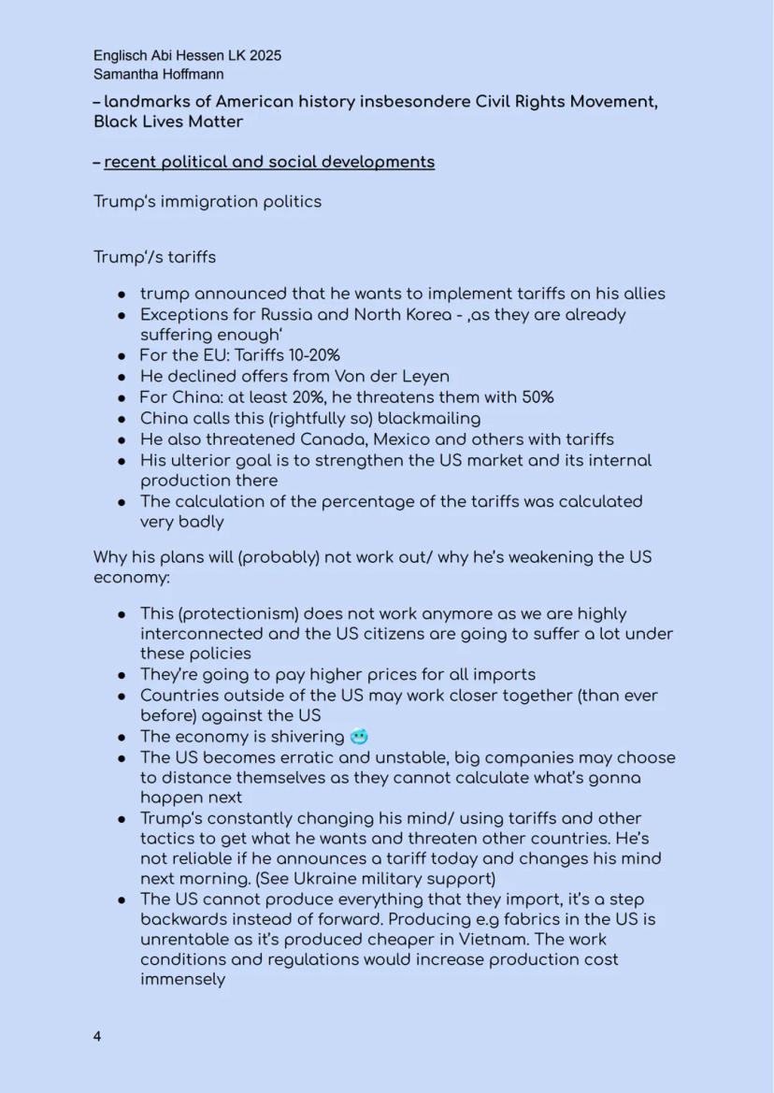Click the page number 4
97,1036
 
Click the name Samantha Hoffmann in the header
158,74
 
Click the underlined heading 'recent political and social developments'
269,162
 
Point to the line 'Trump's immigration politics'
207,201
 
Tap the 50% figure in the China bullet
535,397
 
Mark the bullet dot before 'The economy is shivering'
122,738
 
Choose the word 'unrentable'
182,940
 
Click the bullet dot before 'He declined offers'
122,377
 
